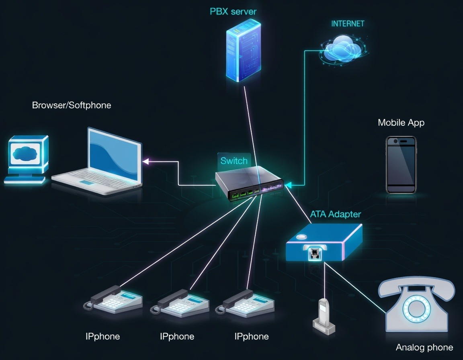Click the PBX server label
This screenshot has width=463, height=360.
pyautogui.click(x=233, y=11)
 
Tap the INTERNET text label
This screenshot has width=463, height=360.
pyautogui.click(x=347, y=24)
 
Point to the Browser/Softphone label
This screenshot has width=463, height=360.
pyautogui.click(x=72, y=105)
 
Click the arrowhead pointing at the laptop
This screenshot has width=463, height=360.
pyautogui.click(x=145, y=162)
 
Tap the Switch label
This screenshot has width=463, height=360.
pyautogui.click(x=234, y=161)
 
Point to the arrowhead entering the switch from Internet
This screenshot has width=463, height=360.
pyautogui.click(x=289, y=185)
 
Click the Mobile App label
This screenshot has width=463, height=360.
pyautogui.click(x=401, y=123)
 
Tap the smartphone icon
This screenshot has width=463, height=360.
pyautogui.click(x=401, y=165)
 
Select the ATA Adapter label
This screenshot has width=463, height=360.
pyautogui.click(x=335, y=214)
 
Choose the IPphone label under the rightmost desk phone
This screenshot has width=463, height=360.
pyautogui.click(x=252, y=336)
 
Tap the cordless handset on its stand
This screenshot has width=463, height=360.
pyautogui.click(x=324, y=315)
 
